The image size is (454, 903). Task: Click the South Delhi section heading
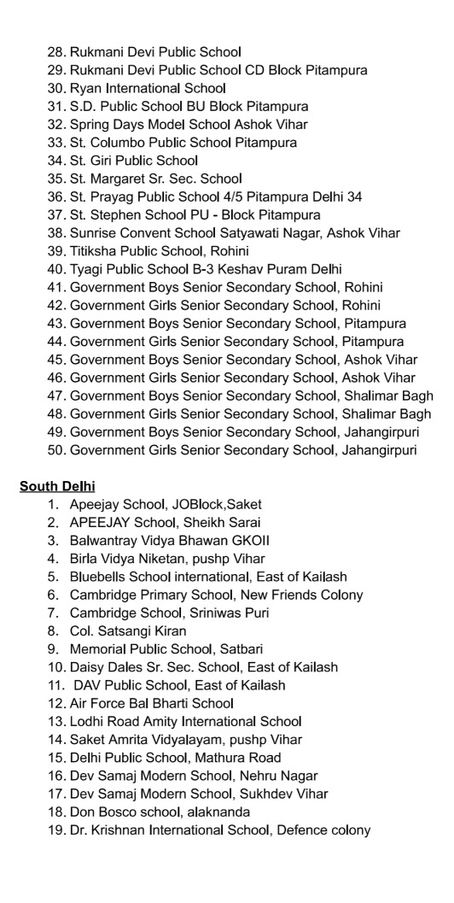(x=57, y=486)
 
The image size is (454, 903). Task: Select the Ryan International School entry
(x=147, y=88)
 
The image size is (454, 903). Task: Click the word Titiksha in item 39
(x=94, y=250)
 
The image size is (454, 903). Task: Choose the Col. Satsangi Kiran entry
(x=128, y=630)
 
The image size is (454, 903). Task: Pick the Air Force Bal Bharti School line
(x=151, y=703)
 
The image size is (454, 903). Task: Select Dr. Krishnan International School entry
(x=219, y=830)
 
